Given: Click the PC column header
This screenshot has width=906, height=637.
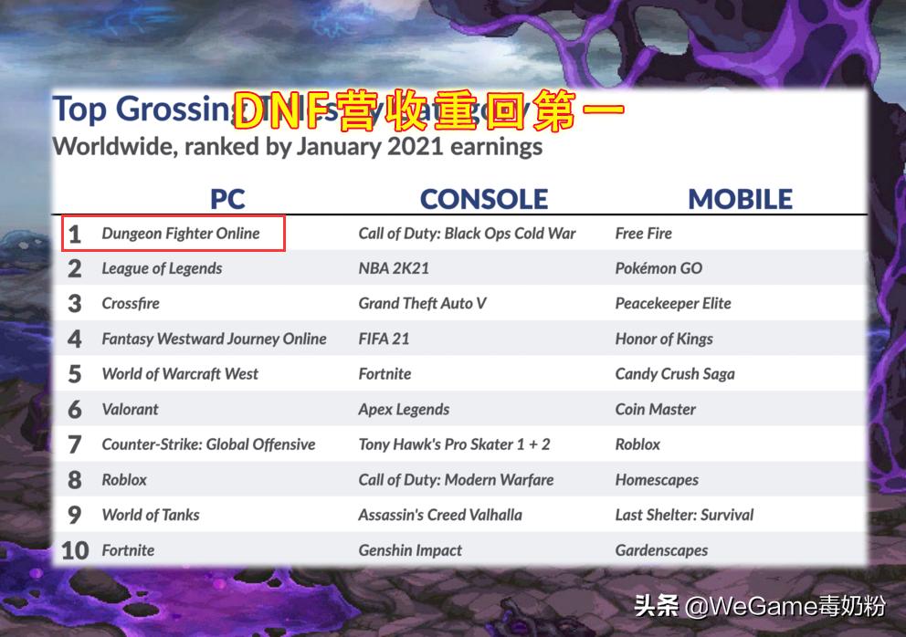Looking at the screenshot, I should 227,198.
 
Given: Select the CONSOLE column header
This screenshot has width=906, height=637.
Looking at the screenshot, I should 484,198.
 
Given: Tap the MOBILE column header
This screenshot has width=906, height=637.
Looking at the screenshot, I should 740,198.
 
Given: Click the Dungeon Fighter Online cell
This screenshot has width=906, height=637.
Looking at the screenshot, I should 181,234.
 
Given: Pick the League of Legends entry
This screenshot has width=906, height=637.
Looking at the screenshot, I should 162,268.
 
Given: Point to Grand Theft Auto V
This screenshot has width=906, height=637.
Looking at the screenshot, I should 422,303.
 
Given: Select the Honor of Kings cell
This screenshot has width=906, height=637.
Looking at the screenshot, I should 664,339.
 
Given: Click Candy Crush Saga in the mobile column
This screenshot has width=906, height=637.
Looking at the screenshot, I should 675,374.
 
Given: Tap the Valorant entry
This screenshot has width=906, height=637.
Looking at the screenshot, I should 130,409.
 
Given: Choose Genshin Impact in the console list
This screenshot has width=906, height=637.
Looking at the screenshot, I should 410,550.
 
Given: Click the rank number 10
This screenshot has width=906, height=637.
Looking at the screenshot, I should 74,550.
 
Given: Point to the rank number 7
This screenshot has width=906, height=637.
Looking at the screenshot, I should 75,444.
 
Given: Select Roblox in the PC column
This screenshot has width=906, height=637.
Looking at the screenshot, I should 124,479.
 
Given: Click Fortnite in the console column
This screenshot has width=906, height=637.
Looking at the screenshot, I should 385,374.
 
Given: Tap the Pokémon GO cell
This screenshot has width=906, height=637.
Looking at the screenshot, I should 658,268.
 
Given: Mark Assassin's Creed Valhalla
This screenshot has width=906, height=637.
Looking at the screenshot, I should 440,515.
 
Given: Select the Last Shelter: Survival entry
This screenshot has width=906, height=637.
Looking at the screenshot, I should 684,515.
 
